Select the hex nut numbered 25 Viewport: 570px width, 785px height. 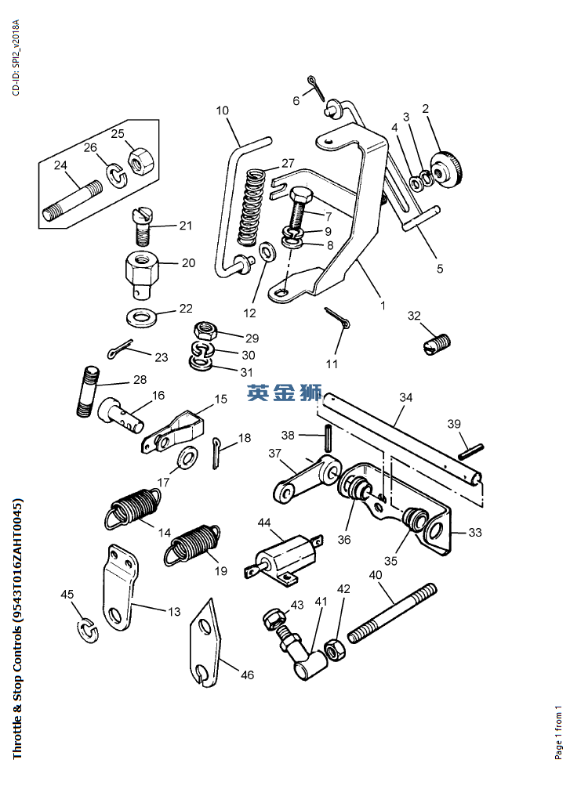click(143, 161)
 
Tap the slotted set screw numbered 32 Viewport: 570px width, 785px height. click(439, 343)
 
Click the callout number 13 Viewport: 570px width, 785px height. click(172, 611)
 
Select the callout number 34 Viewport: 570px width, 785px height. click(405, 397)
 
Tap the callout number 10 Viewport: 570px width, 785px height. click(222, 110)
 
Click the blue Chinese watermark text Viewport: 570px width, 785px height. click(284, 393)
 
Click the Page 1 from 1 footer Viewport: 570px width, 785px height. click(558, 733)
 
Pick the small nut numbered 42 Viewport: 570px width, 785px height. click(333, 649)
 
